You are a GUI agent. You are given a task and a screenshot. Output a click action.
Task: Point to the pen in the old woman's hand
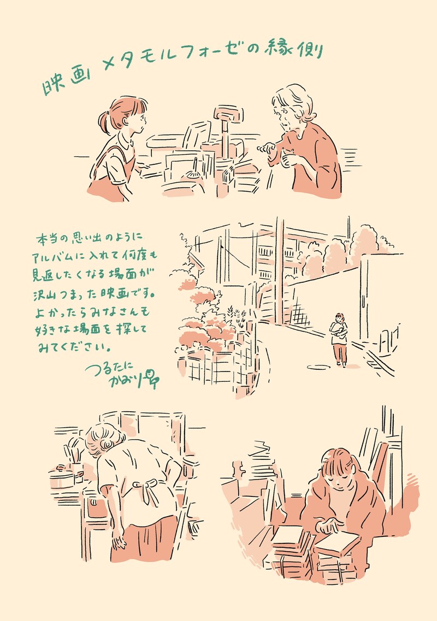click(266, 147)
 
